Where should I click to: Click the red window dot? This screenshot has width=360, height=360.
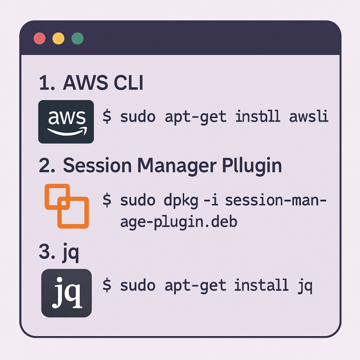(40, 38)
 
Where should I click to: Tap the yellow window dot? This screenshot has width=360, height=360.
(59, 38)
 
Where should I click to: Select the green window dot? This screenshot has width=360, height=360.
(77, 38)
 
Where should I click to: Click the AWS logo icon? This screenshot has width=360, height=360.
(66, 121)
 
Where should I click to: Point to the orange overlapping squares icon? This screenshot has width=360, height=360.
(66, 206)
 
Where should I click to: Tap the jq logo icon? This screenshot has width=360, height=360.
(67, 292)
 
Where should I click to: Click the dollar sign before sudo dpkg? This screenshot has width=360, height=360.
(107, 201)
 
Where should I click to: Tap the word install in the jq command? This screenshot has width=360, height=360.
(262, 285)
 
